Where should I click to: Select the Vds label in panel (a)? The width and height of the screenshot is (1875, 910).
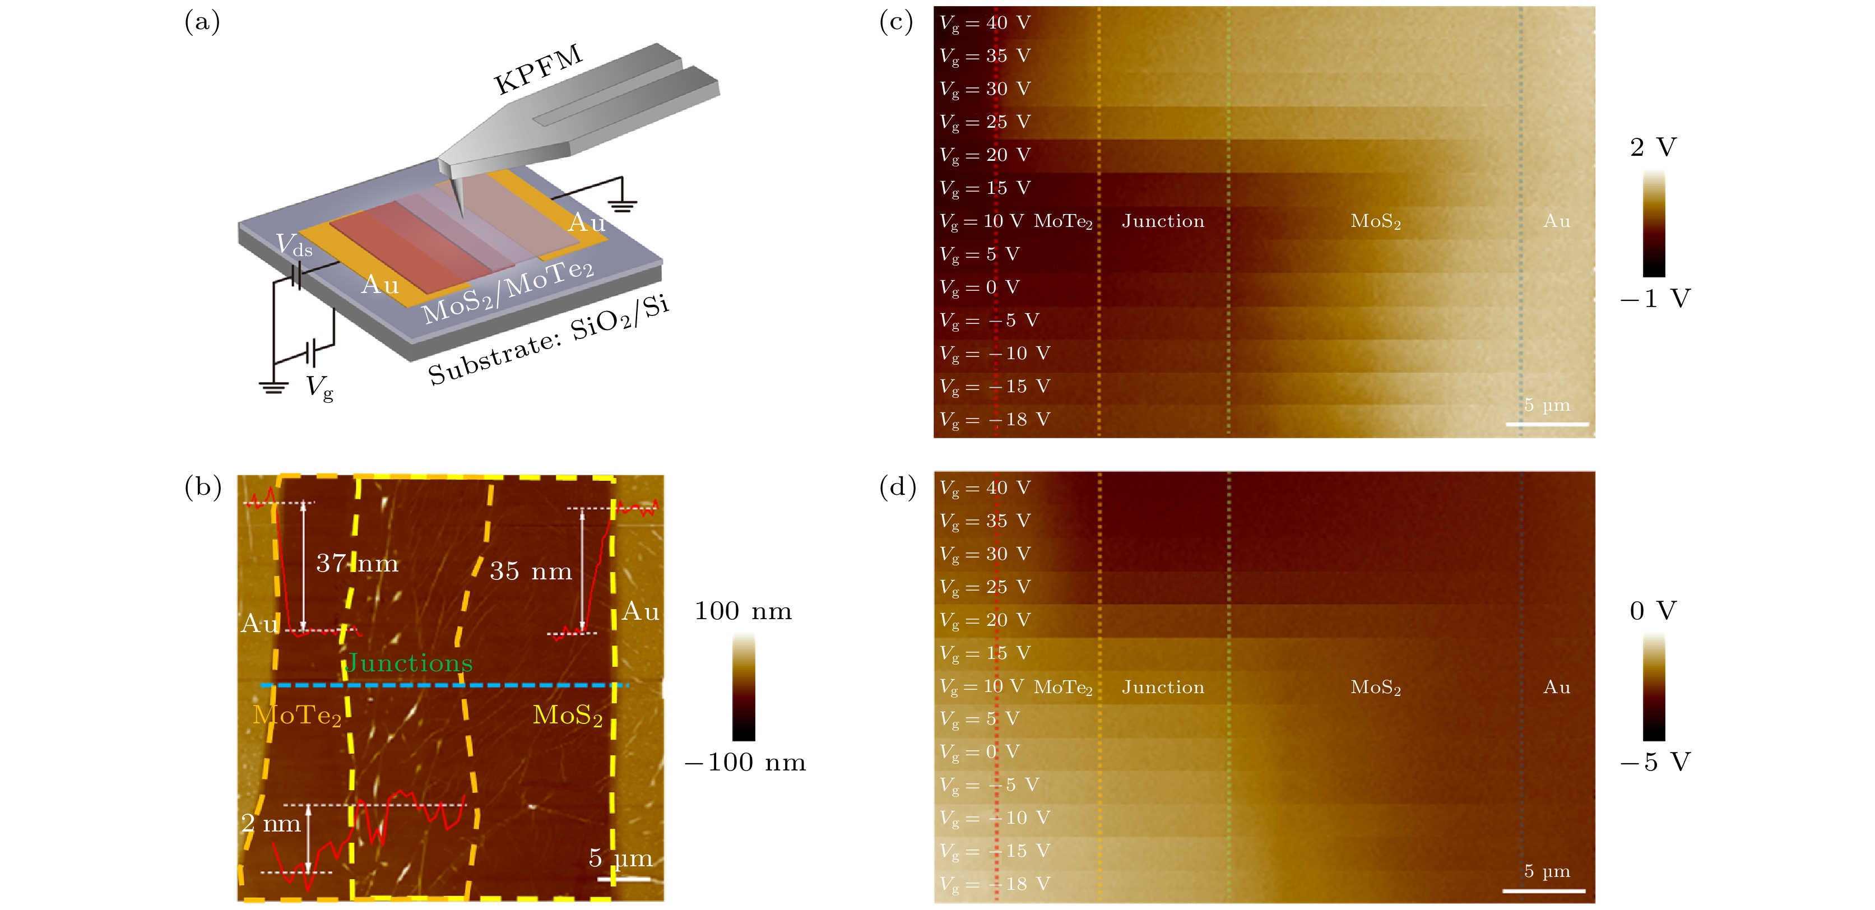294,245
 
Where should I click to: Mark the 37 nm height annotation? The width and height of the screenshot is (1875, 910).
356,564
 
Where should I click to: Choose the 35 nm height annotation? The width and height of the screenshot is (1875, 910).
531,572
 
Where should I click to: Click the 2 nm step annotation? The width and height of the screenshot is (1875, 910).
271,823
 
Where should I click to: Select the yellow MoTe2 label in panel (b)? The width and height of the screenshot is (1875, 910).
297,716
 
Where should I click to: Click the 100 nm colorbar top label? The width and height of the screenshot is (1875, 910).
743,611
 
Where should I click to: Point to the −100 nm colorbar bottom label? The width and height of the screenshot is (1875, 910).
745,762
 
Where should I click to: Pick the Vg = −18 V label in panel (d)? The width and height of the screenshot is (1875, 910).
994,884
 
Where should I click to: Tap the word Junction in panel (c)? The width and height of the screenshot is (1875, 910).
1162,221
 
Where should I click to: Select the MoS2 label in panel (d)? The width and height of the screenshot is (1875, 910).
1376,687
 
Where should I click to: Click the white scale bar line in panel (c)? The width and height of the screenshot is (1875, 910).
1547,424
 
